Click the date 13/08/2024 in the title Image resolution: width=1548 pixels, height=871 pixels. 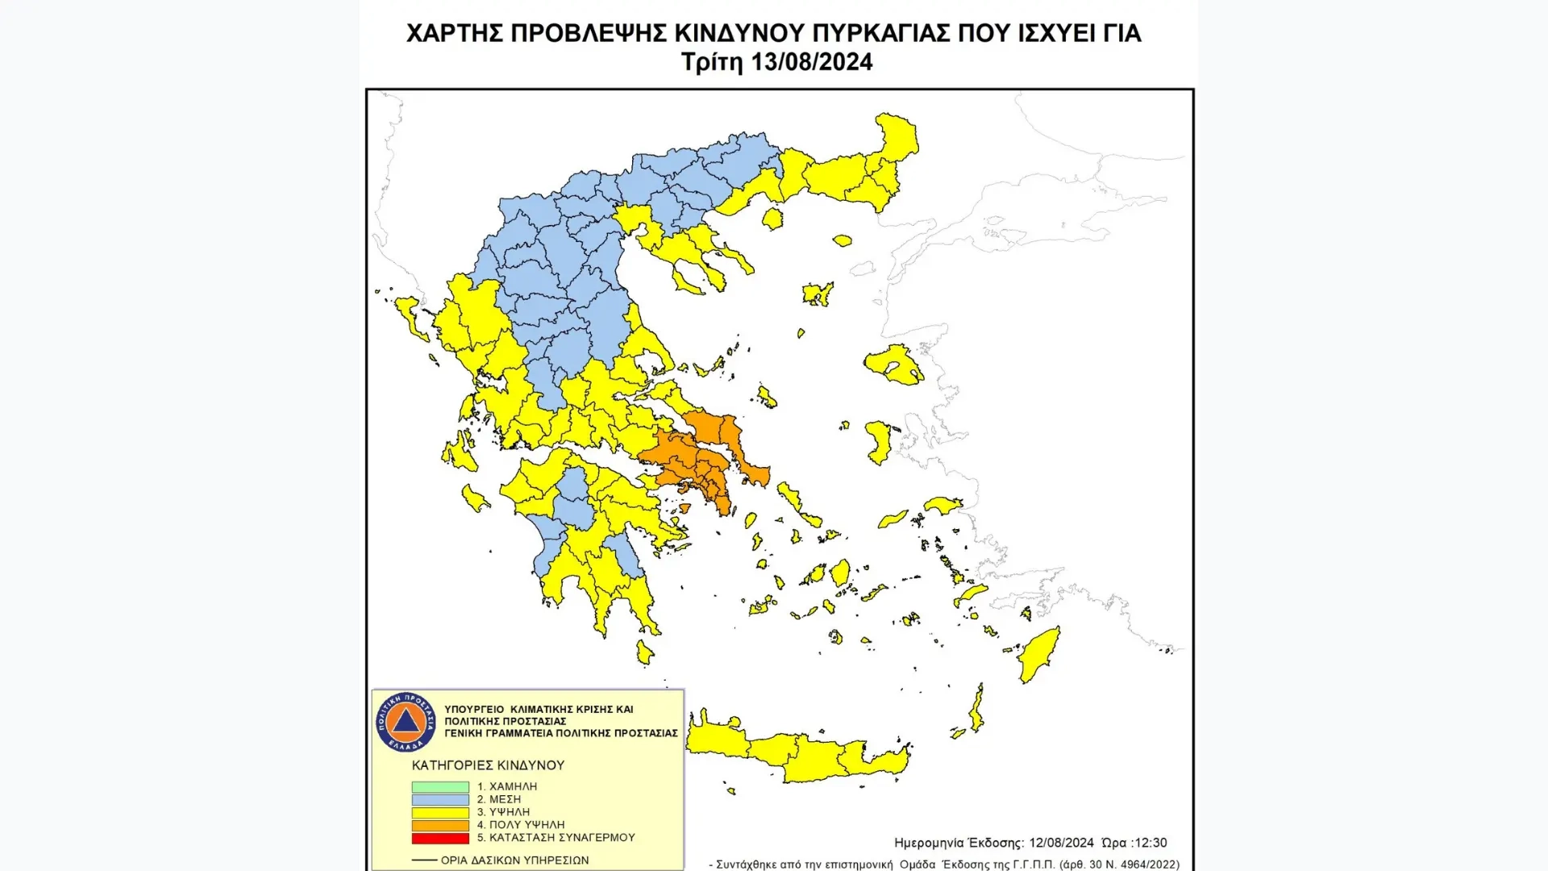tap(811, 62)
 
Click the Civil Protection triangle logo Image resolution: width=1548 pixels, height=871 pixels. tap(405, 721)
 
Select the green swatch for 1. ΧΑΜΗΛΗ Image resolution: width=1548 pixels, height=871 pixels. tap(440, 786)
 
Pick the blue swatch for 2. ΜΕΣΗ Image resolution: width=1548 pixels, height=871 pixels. tap(440, 799)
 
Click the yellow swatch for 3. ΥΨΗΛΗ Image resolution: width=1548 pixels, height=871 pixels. tap(440, 812)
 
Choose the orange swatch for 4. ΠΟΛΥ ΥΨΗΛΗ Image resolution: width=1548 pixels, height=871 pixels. tap(440, 825)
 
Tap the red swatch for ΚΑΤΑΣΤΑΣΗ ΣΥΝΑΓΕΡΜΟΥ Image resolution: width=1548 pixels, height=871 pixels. tap(440, 838)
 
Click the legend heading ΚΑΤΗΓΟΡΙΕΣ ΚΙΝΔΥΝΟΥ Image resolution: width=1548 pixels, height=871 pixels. tap(488, 765)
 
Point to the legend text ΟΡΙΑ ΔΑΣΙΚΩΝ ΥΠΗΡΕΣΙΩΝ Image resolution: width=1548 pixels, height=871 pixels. tap(514, 861)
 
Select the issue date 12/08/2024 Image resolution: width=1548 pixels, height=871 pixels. tap(1061, 843)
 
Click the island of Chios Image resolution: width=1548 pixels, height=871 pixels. tap(878, 442)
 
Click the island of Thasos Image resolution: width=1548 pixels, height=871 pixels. tap(772, 218)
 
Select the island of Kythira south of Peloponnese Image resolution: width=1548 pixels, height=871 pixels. tap(645, 652)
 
